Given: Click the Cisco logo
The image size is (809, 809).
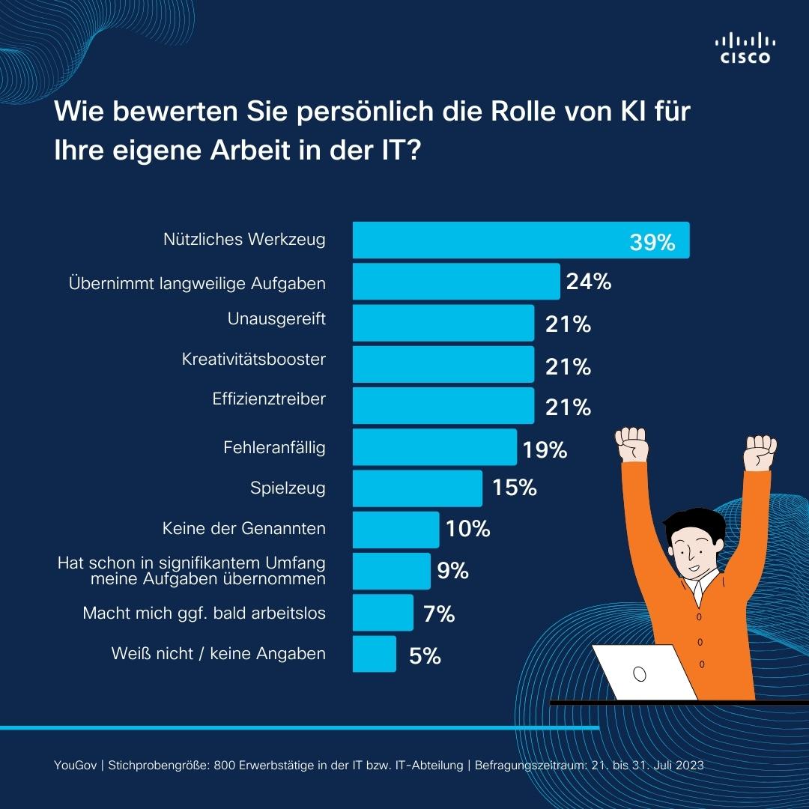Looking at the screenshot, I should (745, 49).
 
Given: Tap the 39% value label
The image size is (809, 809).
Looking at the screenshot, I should (652, 243).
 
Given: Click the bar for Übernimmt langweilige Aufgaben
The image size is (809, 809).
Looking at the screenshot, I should (455, 282).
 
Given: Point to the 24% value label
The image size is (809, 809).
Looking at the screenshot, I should (589, 282).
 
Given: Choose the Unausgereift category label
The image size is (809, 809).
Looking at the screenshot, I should (276, 319).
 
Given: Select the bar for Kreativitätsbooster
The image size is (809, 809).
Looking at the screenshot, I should (443, 364).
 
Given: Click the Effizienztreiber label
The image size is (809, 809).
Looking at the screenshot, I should (269, 399).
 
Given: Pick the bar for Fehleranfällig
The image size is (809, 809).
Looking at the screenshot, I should (434, 447).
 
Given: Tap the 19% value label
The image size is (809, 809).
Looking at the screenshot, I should (545, 450).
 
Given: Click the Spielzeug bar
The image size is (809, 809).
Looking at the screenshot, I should (417, 488).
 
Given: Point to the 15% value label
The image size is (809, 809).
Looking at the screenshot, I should (515, 488).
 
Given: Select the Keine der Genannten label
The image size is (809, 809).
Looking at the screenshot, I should (243, 529).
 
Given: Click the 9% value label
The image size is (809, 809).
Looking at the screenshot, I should (452, 572).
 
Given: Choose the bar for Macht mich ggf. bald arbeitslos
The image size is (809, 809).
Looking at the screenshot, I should (383, 613).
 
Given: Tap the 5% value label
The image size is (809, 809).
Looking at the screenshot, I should (425, 657).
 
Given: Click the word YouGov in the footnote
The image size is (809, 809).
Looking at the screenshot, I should (78, 766).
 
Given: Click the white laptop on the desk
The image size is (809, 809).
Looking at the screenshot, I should (642, 673).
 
